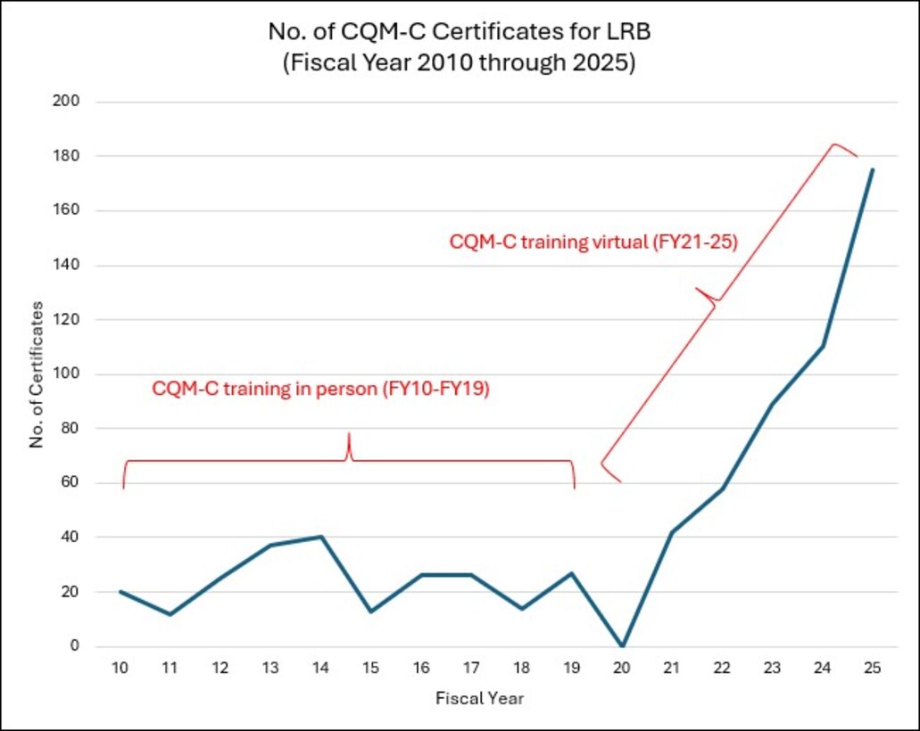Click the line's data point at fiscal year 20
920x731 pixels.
click(x=622, y=646)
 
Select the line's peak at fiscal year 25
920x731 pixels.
click(x=872, y=169)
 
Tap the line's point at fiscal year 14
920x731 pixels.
click(x=321, y=537)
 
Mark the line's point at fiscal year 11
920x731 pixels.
click(x=170, y=614)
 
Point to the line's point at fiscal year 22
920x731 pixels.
click(x=722, y=489)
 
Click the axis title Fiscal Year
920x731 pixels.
click(x=479, y=698)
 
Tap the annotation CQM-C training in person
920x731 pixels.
click(x=320, y=390)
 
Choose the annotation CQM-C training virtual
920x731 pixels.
click(x=593, y=242)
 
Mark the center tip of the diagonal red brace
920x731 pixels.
click(x=697, y=291)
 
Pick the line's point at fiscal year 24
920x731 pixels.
click(x=822, y=346)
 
